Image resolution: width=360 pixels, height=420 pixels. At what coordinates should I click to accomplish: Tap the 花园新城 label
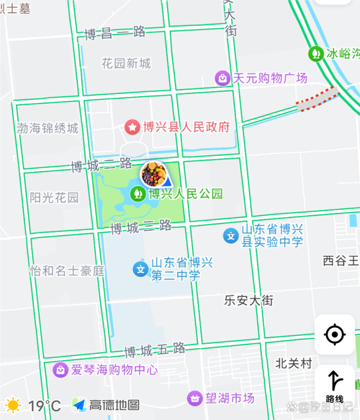126,63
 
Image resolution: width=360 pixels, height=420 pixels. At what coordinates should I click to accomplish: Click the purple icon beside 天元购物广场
223,78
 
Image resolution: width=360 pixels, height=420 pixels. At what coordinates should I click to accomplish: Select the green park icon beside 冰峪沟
315,53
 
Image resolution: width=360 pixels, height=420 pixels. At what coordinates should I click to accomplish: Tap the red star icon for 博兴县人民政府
132,127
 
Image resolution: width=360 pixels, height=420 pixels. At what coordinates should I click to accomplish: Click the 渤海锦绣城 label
48,129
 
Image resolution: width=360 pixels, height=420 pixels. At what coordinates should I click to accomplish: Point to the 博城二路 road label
95,165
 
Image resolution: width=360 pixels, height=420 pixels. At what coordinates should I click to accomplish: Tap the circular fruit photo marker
153,174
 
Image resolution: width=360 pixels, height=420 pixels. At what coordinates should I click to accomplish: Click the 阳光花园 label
54,197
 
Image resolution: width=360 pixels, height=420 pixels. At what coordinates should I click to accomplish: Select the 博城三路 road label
141,227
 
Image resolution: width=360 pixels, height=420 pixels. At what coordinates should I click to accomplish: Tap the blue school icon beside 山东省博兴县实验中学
230,235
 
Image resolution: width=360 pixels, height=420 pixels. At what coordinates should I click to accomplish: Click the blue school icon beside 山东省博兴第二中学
140,270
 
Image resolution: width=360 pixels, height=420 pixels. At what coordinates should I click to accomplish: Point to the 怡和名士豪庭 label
67,271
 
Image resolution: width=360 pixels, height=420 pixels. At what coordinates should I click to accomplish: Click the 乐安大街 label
248,300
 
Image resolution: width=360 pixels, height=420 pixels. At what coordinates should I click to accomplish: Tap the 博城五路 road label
155,350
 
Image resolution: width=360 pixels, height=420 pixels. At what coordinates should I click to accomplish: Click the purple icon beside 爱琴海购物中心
60,370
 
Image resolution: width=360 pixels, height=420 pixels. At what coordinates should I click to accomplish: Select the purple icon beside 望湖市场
194,398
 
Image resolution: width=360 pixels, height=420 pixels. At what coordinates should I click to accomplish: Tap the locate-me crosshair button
335,334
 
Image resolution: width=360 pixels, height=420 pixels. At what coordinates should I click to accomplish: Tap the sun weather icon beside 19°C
13,406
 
